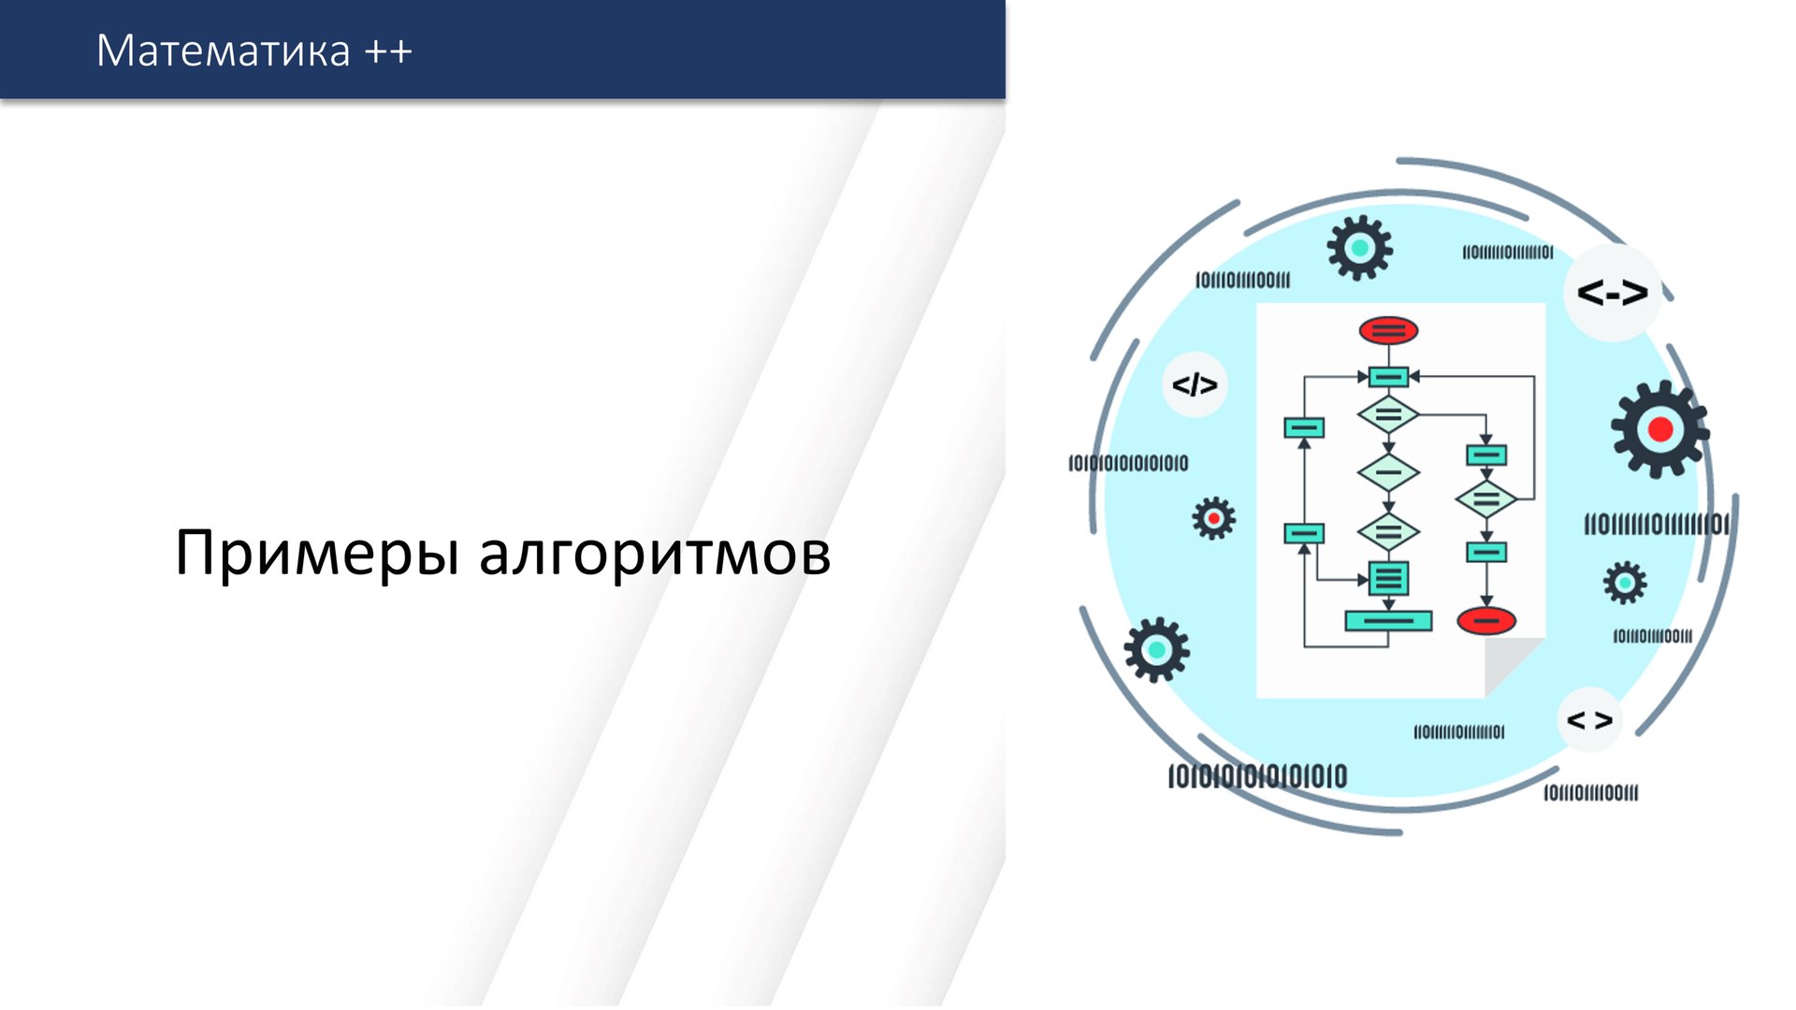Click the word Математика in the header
coord(223,50)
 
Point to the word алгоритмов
coord(655,554)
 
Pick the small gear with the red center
coord(1213,517)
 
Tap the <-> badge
coord(1612,293)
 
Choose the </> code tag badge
coord(1195,384)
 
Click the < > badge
coord(1589,720)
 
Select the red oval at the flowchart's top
coord(1388,330)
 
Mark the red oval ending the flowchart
coord(1486,620)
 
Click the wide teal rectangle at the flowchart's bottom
coord(1388,620)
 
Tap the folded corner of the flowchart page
coord(1512,666)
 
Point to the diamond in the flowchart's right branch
coord(1486,499)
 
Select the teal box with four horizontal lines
coord(1388,579)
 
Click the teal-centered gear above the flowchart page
coord(1359,248)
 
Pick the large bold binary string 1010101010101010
coord(1257,776)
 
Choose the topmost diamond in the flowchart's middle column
coord(1388,413)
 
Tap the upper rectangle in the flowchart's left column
coord(1304,428)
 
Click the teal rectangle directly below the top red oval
coord(1388,377)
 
